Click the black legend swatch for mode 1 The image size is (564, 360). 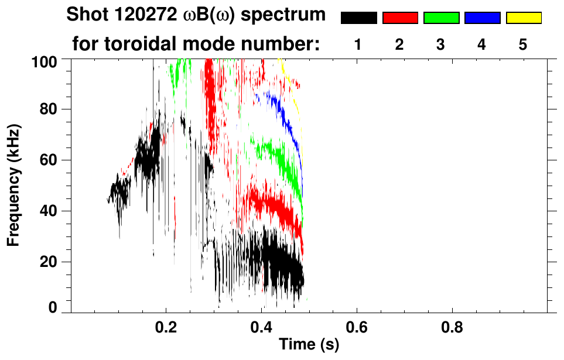coord(358,18)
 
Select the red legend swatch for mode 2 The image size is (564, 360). coord(400,18)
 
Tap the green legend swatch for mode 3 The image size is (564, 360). coord(441,18)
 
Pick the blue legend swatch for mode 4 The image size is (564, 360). coord(482,18)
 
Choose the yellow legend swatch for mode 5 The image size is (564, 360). coord(524,18)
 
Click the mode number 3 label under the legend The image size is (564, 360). coord(440,45)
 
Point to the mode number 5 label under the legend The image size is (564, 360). coord(523,45)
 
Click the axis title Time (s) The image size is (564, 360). coord(309,345)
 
